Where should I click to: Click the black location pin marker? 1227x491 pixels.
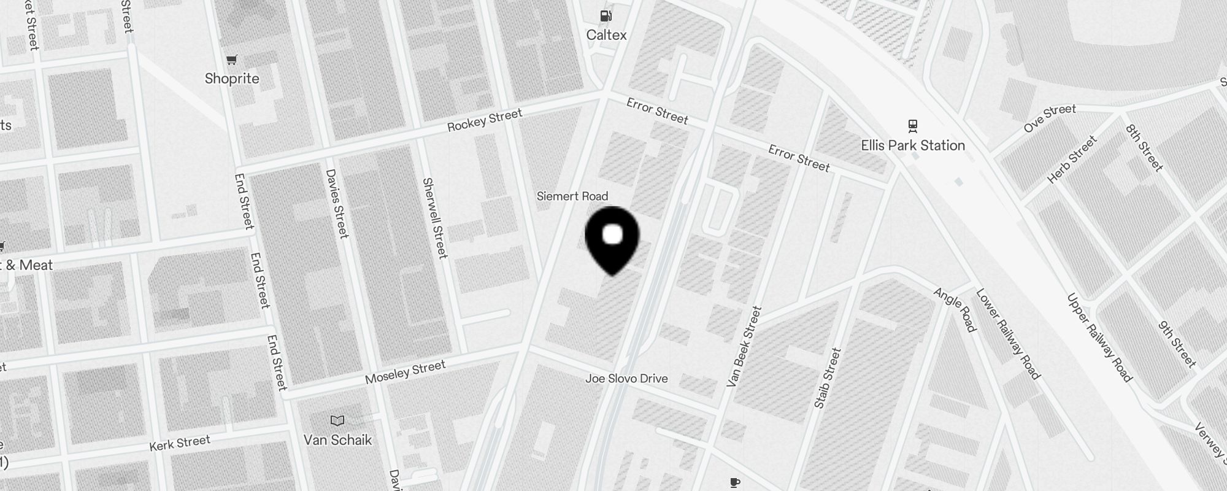[612, 239]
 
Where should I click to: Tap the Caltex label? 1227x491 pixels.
[606, 35]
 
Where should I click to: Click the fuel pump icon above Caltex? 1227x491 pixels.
[606, 16]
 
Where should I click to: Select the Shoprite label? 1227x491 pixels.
[232, 79]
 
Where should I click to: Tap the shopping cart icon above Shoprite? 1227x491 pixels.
[232, 60]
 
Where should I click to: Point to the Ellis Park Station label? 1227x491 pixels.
[913, 145]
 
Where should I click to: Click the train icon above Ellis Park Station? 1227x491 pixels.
[913, 126]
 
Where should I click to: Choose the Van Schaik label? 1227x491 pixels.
[337, 440]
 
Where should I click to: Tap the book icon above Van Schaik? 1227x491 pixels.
[337, 421]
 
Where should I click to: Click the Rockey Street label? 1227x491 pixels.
[485, 120]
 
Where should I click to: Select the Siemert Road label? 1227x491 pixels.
[572, 196]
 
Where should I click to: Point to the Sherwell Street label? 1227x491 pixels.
[435, 218]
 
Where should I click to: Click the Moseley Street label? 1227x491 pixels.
[405, 372]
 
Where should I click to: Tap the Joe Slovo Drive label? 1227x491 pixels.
[626, 379]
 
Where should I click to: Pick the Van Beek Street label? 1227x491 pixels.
[744, 347]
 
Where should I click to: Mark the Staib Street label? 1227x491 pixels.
[827, 378]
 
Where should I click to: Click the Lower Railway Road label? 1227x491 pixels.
[1008, 334]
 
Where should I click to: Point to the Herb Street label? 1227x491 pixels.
[1072, 160]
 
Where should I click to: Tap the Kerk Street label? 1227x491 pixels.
[180, 443]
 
